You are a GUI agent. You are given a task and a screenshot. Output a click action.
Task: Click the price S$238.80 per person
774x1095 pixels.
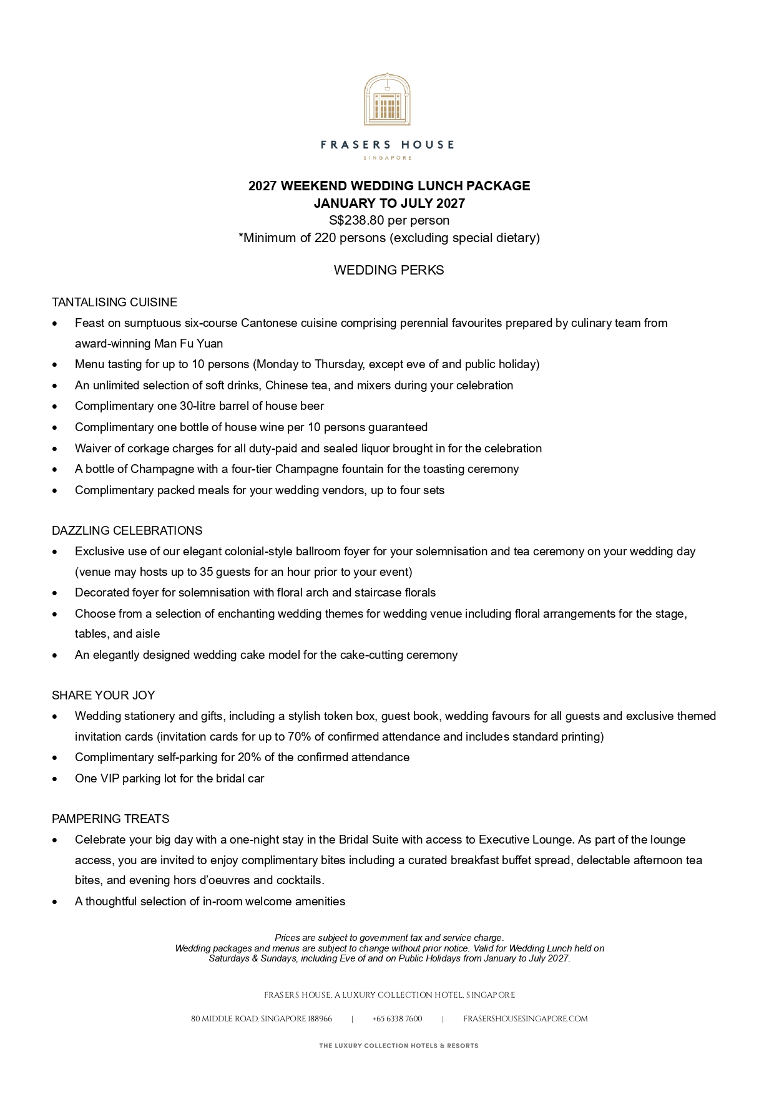389,220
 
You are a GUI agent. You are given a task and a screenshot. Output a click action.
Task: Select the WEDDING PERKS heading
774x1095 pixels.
389,270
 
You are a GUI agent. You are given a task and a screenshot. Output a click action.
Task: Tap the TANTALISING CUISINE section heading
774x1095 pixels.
114,303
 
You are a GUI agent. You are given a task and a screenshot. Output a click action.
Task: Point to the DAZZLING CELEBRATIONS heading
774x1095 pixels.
127,531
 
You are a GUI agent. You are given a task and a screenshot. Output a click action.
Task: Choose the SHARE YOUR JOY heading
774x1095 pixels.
103,696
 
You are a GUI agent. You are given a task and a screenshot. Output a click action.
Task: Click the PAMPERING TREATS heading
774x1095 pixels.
110,819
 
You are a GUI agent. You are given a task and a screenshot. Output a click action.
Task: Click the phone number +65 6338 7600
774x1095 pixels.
397,1019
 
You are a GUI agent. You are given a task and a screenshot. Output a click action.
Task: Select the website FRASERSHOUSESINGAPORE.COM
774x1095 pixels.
525,1019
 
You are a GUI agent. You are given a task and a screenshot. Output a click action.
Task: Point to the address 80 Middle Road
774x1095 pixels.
261,1019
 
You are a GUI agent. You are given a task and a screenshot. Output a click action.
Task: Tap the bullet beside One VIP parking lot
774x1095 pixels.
56,779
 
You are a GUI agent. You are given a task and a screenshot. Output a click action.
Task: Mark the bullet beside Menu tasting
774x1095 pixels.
56,365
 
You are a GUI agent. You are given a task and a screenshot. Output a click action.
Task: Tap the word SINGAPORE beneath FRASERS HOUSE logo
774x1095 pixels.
387,158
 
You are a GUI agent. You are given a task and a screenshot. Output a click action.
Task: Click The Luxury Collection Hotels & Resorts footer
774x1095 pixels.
398,1046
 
